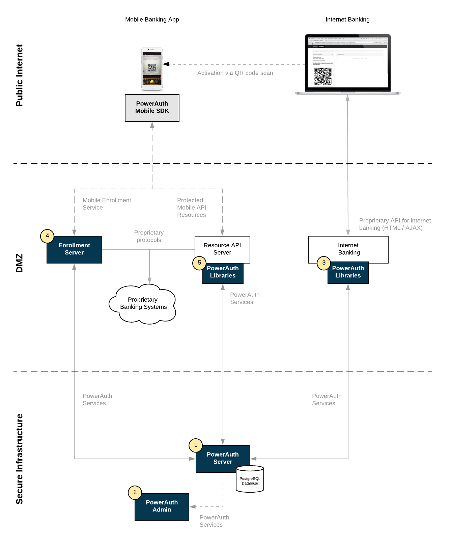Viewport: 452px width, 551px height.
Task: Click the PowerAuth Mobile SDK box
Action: point(152,108)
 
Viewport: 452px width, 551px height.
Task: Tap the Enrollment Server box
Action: point(74,250)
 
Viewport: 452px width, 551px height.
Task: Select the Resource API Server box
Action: point(222,249)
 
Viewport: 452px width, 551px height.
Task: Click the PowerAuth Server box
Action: point(223,458)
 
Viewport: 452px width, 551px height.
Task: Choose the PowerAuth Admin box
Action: point(162,506)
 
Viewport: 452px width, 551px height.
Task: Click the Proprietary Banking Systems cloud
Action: point(143,304)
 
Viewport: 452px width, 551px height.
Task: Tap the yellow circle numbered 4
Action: point(47,236)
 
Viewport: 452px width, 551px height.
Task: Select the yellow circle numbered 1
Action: point(196,445)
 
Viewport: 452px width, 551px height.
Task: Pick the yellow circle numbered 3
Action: point(324,263)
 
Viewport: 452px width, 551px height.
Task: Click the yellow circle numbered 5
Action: point(199,263)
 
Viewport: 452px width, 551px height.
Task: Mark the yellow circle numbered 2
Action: point(135,492)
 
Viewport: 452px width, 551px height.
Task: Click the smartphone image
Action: point(152,69)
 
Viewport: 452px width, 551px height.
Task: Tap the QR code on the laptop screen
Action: point(323,76)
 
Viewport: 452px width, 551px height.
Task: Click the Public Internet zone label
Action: point(20,75)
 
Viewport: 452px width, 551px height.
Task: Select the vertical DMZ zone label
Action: point(20,263)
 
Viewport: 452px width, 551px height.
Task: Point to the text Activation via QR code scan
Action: point(235,73)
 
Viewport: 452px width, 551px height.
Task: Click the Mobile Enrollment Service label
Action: point(107,204)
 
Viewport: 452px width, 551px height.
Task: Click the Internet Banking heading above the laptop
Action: point(347,20)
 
